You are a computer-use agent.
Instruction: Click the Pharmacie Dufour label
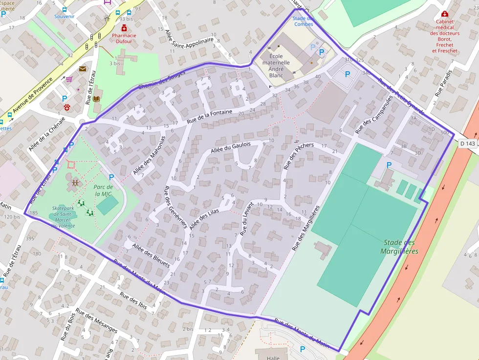tap(124, 38)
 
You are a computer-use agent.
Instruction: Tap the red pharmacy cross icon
tap(124, 28)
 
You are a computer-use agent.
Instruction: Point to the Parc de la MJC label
tap(103, 191)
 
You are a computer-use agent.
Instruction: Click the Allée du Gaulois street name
tap(230, 148)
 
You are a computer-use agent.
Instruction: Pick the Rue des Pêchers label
tap(298, 154)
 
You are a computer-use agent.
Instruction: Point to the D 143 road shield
tap(467, 143)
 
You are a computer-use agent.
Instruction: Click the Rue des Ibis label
tap(133, 301)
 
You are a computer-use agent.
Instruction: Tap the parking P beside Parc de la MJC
tap(111, 177)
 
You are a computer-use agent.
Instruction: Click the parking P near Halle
tap(303, 349)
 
